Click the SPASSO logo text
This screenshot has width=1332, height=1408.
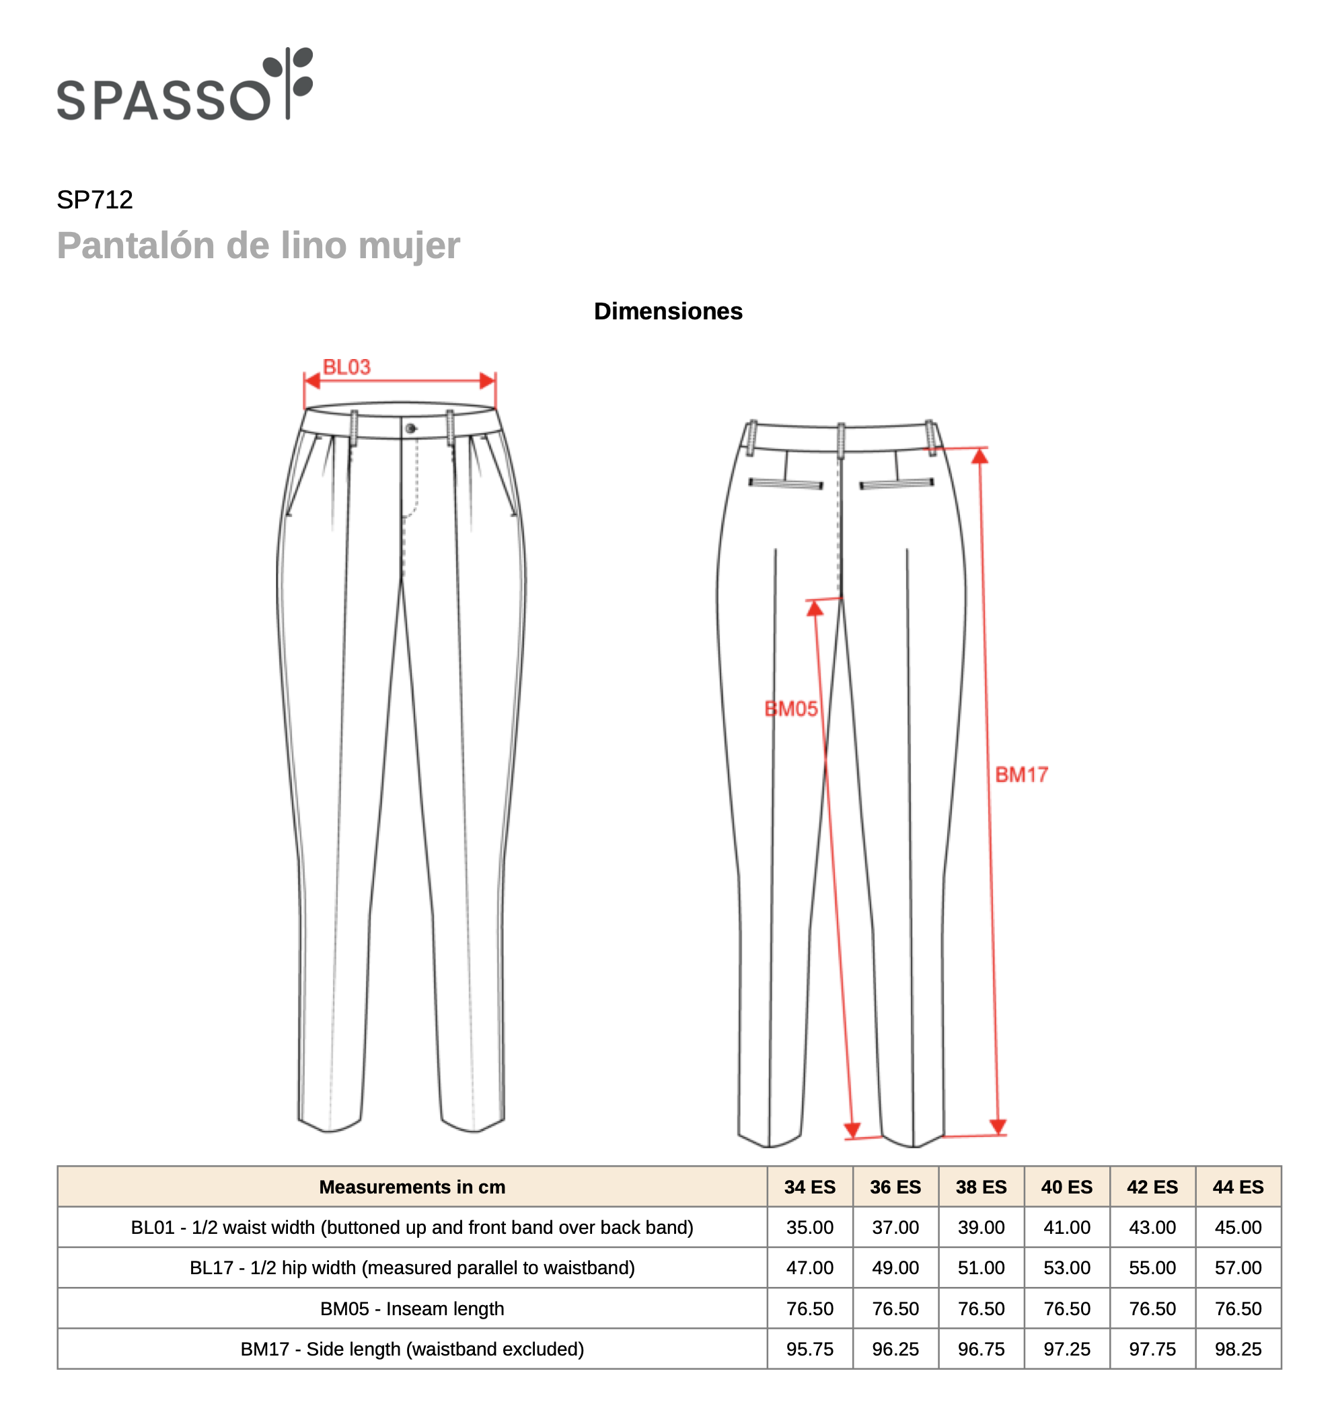point(163,100)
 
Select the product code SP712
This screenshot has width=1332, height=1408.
point(94,200)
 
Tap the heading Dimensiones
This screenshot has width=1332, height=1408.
point(667,311)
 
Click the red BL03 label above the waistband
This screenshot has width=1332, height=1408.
point(346,367)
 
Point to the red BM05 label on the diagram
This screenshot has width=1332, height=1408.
point(790,709)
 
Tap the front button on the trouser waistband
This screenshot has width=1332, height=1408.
point(410,428)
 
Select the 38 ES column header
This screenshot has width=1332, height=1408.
point(981,1187)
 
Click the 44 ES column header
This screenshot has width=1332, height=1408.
point(1238,1187)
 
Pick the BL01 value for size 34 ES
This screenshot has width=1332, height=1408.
point(809,1227)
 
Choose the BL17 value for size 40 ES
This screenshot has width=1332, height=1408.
point(1066,1267)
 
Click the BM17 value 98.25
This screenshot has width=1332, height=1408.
point(1238,1349)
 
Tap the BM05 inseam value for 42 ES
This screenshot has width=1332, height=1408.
point(1152,1308)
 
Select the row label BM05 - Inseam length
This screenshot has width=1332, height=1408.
point(412,1308)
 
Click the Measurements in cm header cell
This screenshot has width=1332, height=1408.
point(412,1187)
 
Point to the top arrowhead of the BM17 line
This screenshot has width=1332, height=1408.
point(980,457)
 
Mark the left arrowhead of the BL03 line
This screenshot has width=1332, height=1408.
point(311,381)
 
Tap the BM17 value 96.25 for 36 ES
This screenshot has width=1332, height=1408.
point(895,1349)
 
